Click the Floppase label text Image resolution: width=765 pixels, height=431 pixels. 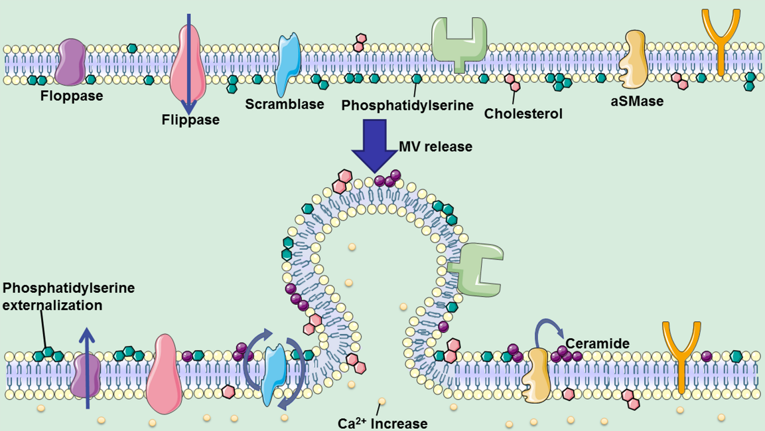(72, 96)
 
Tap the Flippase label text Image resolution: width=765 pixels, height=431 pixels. (191, 120)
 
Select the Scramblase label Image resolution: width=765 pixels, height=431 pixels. (285, 104)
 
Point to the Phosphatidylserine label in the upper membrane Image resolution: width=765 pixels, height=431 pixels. (407, 105)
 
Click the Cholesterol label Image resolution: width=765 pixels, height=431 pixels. (523, 114)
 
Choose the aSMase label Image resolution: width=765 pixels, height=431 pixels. (637, 101)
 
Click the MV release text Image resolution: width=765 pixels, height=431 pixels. (436, 146)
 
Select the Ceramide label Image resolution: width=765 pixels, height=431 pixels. (597, 343)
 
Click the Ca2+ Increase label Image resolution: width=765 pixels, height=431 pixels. (382, 423)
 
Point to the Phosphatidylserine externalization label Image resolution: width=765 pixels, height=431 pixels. (69, 296)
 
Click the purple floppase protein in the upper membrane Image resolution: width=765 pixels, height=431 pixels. (70, 62)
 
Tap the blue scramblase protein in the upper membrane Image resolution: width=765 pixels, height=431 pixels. (289, 64)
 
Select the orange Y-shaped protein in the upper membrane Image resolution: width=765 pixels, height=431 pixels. (721, 41)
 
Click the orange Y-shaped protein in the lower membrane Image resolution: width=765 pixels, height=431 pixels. (681, 357)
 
